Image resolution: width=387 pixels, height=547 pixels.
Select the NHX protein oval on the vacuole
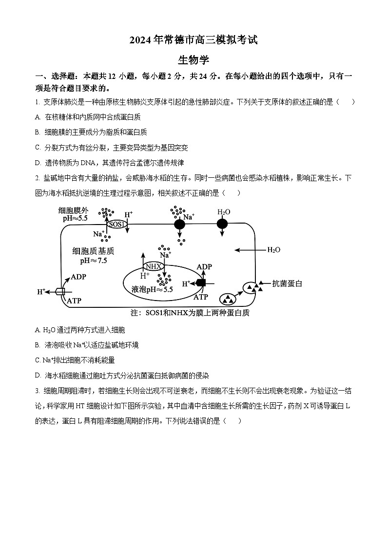[x=153, y=266]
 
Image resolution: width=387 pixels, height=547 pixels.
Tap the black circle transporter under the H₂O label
[x=222, y=224]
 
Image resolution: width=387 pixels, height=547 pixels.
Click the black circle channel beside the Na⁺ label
[x=179, y=224]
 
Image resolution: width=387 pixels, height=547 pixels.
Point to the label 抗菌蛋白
[x=287, y=283]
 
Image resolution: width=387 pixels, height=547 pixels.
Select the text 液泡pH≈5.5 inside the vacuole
[x=152, y=289]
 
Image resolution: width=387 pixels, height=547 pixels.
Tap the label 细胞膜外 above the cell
[x=73, y=210]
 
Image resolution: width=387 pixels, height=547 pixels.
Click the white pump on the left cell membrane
[x=60, y=291]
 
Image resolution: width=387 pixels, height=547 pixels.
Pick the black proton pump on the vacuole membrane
[x=200, y=283]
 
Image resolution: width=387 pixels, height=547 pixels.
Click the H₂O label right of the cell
[x=273, y=250]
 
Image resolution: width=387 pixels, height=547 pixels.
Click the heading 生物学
[x=193, y=60]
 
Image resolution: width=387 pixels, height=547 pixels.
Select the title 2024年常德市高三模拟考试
[x=193, y=40]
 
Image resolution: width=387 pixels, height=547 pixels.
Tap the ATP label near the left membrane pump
[x=74, y=301]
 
